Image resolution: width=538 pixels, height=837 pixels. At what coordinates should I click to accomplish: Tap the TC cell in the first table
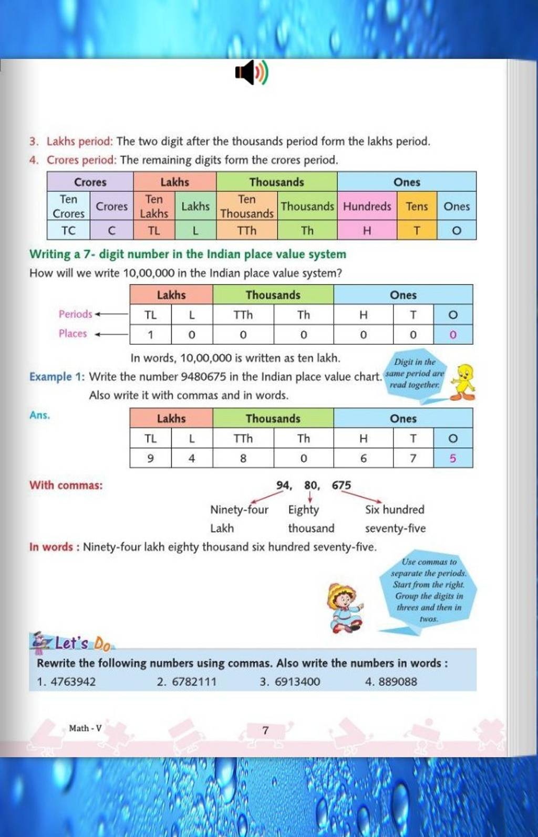click(68, 230)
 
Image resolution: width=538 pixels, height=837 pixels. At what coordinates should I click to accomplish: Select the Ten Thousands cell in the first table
click(247, 206)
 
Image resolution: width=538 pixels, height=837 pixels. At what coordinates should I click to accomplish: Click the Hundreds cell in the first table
click(367, 206)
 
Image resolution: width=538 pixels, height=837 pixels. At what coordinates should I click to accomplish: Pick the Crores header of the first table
click(90, 182)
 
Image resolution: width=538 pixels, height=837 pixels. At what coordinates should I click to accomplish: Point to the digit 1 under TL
click(150, 334)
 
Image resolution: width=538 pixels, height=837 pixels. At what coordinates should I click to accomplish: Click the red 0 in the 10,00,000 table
click(453, 334)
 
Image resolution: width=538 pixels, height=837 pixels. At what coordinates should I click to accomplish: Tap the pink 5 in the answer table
click(453, 458)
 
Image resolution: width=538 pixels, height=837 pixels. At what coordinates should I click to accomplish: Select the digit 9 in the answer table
click(150, 458)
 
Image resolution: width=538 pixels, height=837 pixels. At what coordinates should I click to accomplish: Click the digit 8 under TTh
click(243, 458)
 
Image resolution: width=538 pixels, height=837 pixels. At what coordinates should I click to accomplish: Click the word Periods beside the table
click(75, 314)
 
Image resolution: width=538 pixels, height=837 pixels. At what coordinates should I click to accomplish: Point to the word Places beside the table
click(73, 333)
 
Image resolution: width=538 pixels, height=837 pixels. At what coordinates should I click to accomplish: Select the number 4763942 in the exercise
click(73, 682)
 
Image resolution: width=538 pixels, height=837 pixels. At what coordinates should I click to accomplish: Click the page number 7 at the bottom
click(265, 730)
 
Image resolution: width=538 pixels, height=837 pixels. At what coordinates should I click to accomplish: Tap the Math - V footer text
click(85, 728)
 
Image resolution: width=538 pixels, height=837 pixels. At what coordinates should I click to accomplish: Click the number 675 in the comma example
click(341, 485)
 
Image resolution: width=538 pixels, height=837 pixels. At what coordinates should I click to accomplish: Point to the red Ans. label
click(39, 415)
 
